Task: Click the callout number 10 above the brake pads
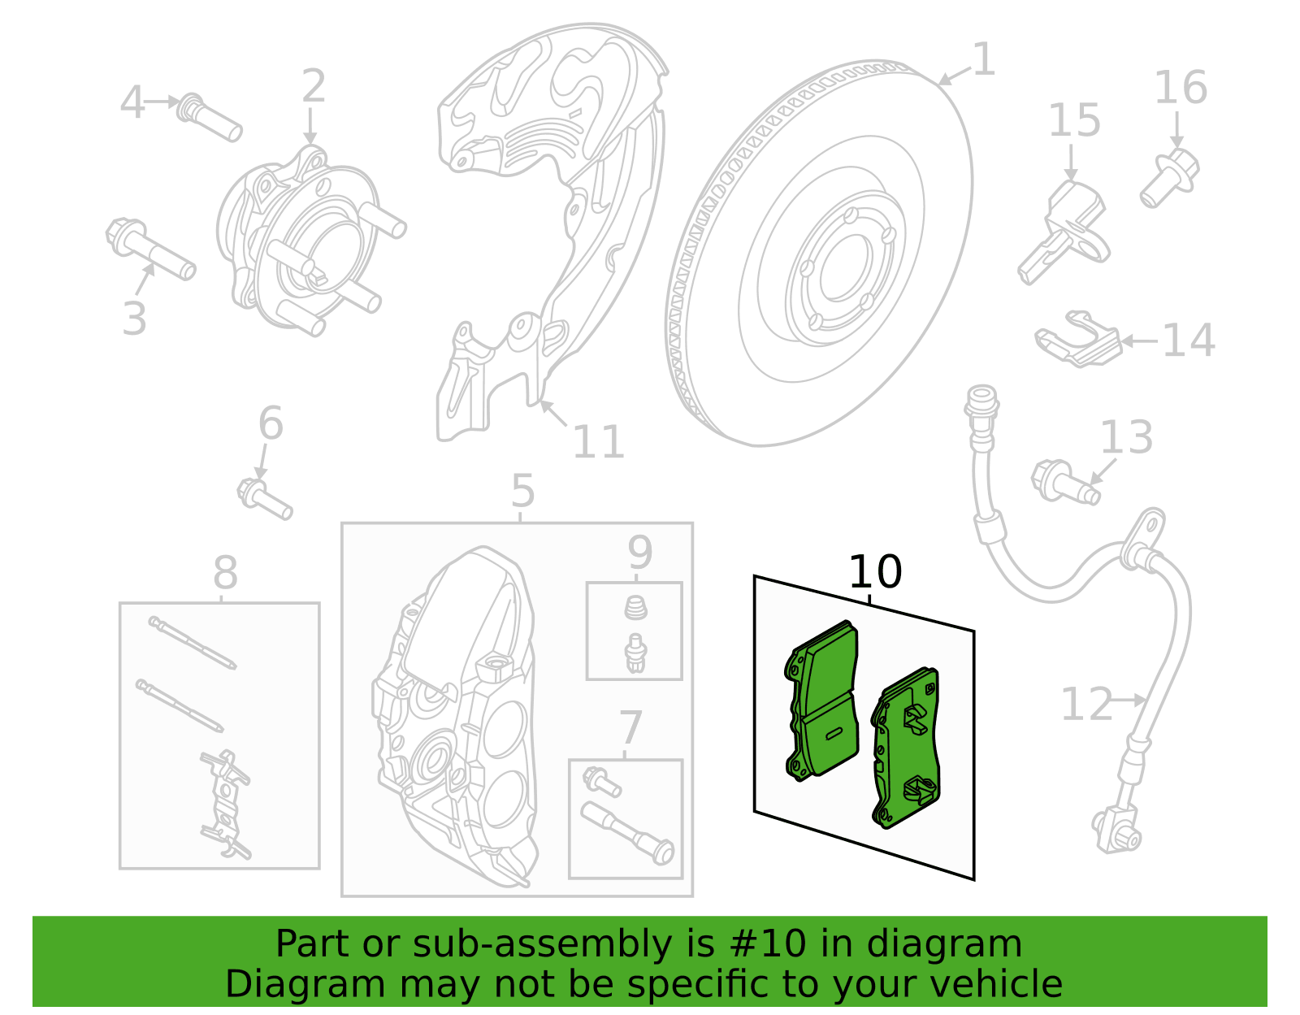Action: pos(874,572)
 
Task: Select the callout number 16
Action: pos(1181,88)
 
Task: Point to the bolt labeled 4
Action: pos(210,118)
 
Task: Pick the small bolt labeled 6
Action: pos(264,499)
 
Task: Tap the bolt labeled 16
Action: pos(1169,178)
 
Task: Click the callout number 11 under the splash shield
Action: pos(598,443)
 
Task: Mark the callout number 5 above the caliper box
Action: pos(522,492)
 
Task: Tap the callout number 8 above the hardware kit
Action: pos(225,573)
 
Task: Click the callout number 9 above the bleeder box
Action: pos(639,553)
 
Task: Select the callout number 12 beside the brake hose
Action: pos(1085,704)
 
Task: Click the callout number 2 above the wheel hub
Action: pos(314,86)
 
